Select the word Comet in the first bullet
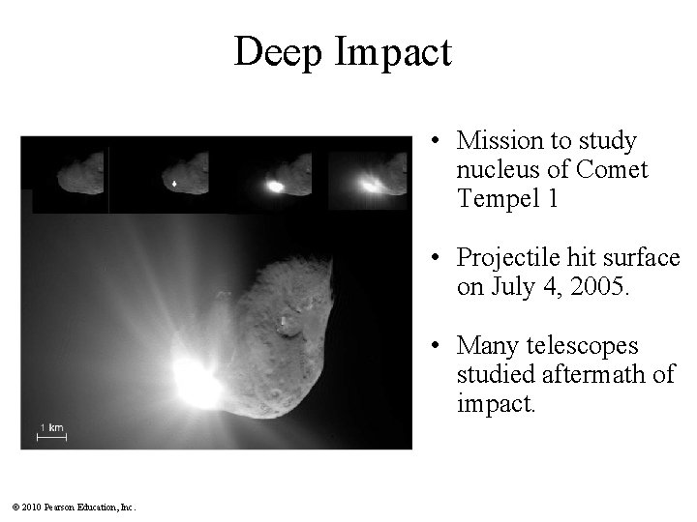point(612,171)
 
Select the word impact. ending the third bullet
point(494,403)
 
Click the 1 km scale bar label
point(51,426)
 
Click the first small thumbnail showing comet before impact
point(71,176)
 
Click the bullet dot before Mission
point(439,143)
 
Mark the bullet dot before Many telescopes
point(439,346)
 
